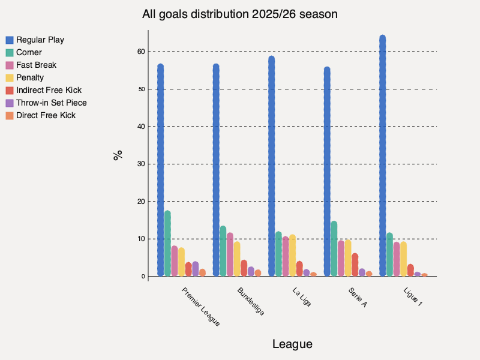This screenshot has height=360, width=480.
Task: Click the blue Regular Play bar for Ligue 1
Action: (382, 156)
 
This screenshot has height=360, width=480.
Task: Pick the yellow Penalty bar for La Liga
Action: (292, 256)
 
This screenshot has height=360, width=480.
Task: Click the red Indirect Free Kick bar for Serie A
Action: (355, 265)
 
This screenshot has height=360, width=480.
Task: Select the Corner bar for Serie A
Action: (334, 249)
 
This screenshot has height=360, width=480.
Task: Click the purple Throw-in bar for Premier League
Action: (195, 269)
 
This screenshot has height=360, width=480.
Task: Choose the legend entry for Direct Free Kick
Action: (46, 115)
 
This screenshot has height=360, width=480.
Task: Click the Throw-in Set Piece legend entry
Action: (51, 103)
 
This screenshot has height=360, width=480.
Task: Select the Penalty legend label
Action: (30, 77)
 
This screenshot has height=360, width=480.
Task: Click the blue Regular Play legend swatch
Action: (10, 40)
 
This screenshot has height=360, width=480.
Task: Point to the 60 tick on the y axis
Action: (140, 52)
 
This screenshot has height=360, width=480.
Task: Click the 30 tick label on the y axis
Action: (140, 164)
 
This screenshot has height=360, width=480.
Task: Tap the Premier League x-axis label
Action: (200, 307)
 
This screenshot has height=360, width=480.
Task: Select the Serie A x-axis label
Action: (357, 296)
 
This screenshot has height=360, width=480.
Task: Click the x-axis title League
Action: (292, 344)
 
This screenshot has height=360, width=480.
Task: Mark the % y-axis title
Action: (118, 155)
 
